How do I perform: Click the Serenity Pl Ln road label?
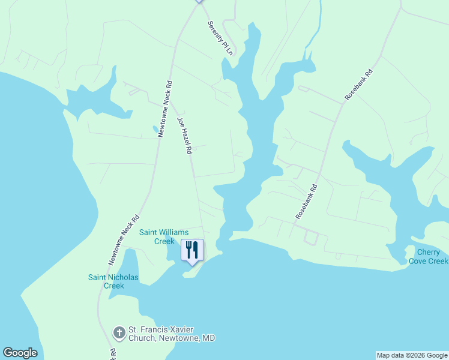[220, 38]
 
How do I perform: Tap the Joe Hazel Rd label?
[184, 136]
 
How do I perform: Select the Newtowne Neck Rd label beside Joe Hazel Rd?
[165, 109]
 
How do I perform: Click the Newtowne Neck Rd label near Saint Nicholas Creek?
[124, 240]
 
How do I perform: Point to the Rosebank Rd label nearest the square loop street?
[306, 201]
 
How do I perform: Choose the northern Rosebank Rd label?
[359, 84]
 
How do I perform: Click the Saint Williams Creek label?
[164, 236]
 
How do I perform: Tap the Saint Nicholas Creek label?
[113, 281]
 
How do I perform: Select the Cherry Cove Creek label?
[429, 257]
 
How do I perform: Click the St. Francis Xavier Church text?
[171, 330]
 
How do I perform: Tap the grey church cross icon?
[119, 332]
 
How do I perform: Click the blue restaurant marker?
[192, 251]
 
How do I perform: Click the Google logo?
[20, 353]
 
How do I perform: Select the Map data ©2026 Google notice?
[412, 355]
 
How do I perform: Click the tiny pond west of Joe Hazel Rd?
[156, 128]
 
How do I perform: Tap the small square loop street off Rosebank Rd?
[311, 237]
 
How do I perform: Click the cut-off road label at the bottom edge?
[112, 354]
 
